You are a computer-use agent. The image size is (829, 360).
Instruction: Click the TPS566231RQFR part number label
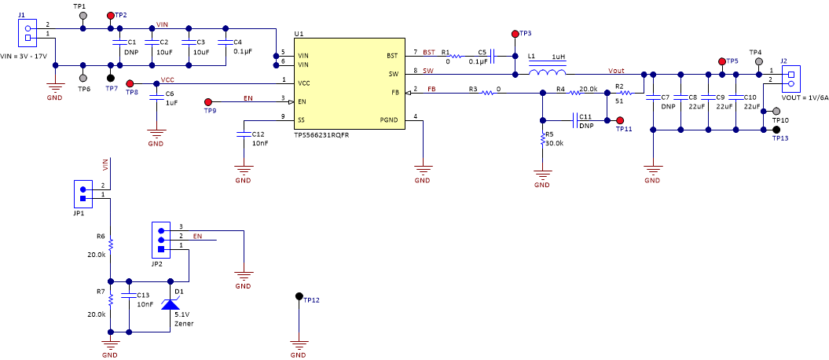click(321, 134)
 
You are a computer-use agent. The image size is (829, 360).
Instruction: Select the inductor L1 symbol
click(546, 74)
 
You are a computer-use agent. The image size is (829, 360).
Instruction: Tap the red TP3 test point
click(515, 34)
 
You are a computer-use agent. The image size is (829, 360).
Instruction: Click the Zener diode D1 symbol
click(170, 304)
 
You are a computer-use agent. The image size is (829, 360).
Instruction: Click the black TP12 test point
click(299, 296)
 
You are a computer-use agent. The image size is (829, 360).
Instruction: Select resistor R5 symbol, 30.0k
click(542, 139)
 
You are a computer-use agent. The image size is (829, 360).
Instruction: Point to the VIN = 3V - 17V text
click(24, 57)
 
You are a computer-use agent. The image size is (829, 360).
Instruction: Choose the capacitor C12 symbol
click(244, 134)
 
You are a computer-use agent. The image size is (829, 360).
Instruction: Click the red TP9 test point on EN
click(208, 101)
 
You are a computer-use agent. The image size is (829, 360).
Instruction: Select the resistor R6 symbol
click(111, 244)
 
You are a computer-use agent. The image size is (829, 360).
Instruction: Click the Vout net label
click(616, 70)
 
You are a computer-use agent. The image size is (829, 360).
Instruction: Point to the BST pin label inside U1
click(391, 56)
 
